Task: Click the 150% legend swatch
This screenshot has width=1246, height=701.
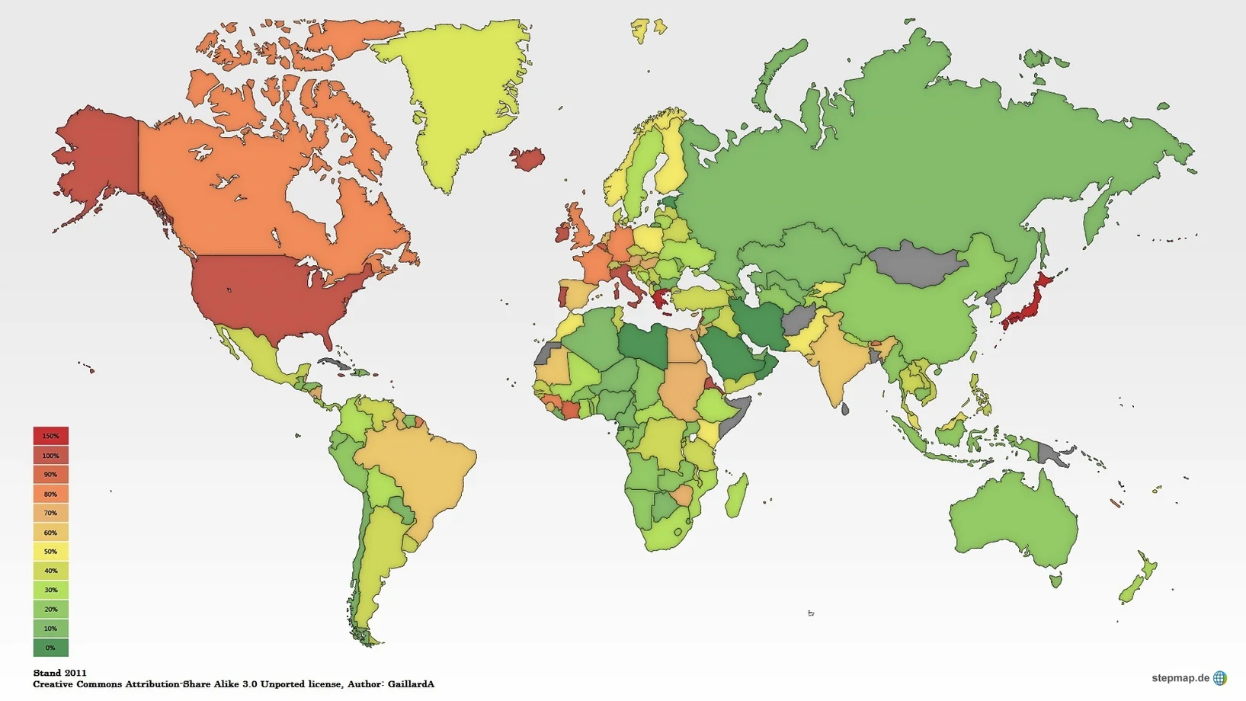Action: pyautogui.click(x=50, y=436)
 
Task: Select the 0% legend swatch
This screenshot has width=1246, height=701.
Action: pyautogui.click(x=50, y=648)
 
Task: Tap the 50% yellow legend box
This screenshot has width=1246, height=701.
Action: pyautogui.click(x=50, y=551)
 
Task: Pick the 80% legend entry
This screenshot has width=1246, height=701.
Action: pyautogui.click(x=50, y=494)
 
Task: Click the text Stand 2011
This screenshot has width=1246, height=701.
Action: pyautogui.click(x=59, y=673)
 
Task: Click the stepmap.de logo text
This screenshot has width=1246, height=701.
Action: pyautogui.click(x=1180, y=678)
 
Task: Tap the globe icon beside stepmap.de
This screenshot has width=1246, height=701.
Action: pyautogui.click(x=1219, y=678)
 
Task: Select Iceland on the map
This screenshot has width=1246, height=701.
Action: pyautogui.click(x=527, y=158)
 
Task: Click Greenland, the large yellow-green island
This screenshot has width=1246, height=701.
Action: pyautogui.click(x=457, y=99)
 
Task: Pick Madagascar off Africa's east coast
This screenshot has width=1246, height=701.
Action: pyautogui.click(x=736, y=495)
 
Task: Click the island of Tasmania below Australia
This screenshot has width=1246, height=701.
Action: pyautogui.click(x=1056, y=581)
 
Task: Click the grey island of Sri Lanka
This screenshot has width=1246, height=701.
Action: pyautogui.click(x=845, y=409)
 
